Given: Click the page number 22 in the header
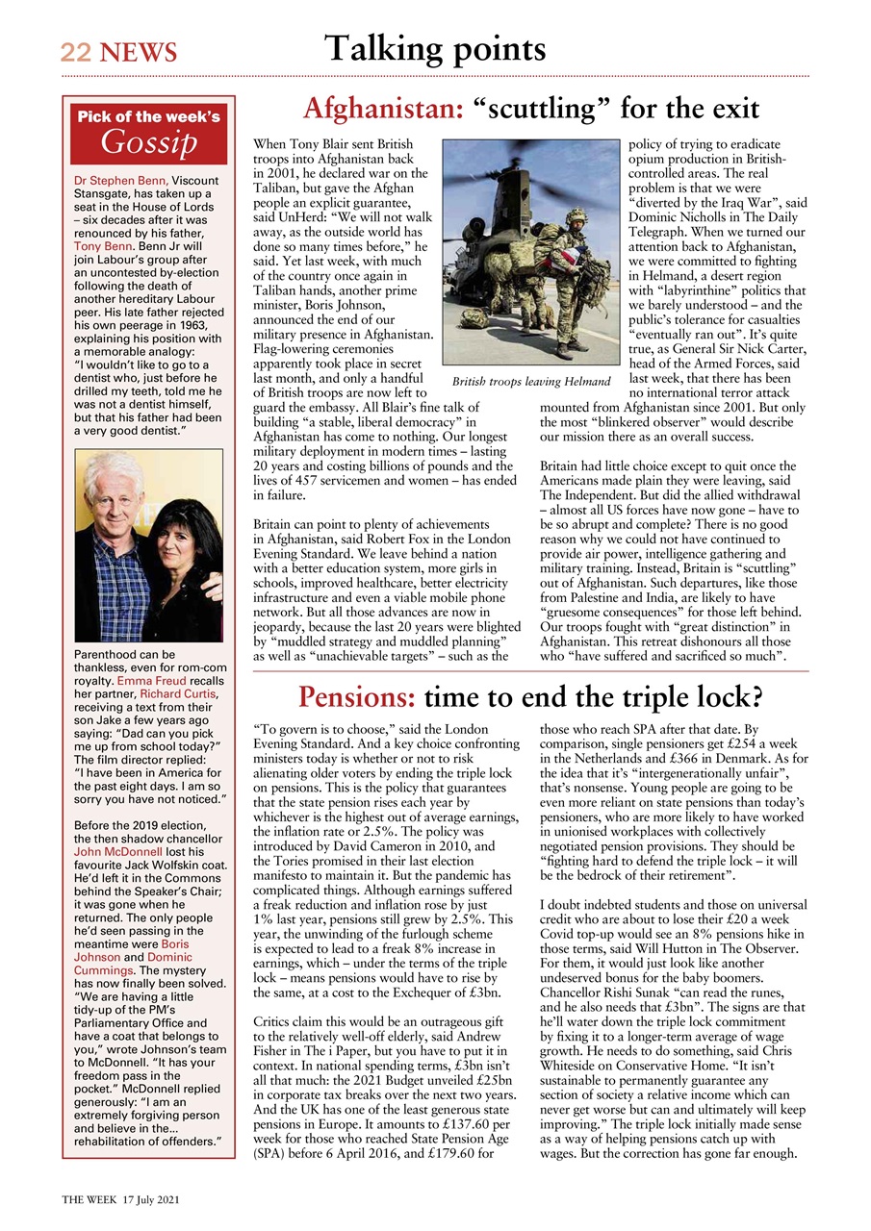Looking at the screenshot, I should click(74, 52).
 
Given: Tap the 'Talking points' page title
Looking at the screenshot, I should click(434, 47).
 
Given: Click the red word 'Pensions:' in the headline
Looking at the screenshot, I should click(356, 695).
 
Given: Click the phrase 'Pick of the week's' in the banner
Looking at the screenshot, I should click(148, 117).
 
